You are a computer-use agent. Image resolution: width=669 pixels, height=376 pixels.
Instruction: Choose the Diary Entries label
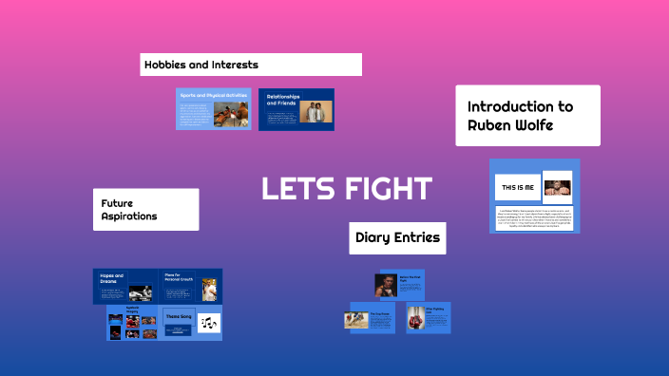tap(397, 237)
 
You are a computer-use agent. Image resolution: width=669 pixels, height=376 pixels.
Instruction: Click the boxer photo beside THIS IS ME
tap(556, 186)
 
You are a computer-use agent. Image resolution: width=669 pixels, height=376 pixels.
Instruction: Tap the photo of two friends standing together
tap(315, 112)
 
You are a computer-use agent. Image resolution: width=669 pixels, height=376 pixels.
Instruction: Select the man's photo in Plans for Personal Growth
tap(208, 289)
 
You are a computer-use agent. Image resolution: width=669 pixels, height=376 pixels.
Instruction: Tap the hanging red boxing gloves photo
tap(416, 319)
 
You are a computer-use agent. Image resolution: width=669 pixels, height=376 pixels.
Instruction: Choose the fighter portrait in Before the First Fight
tap(385, 285)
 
